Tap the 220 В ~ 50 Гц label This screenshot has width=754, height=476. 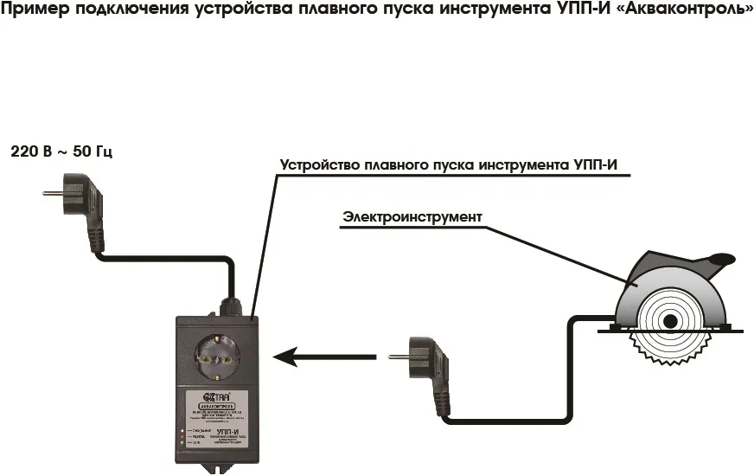(x=61, y=151)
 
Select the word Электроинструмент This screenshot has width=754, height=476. (x=412, y=216)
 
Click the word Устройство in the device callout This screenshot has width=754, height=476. (x=320, y=164)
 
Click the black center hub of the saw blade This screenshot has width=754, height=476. (x=669, y=321)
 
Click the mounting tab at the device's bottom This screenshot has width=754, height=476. (x=216, y=469)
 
